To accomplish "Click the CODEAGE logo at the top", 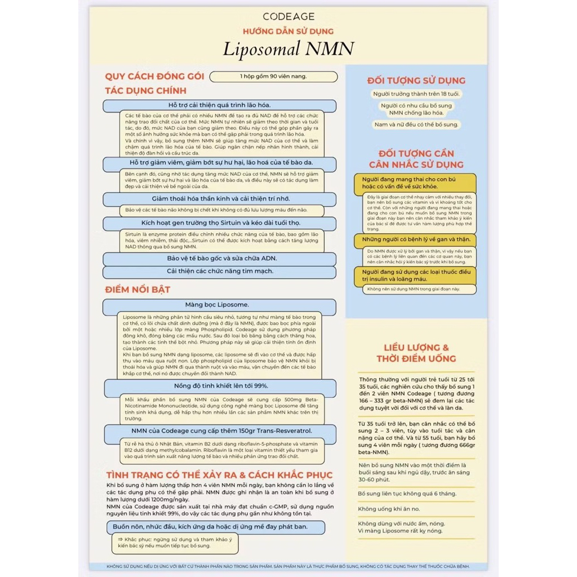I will tap(288, 16).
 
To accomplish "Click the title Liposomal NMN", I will tap(288, 48).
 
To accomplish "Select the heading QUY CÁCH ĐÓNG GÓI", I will tap(154, 77).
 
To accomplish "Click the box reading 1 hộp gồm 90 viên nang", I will tap(273, 76).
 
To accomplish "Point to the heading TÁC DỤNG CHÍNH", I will tap(146, 91).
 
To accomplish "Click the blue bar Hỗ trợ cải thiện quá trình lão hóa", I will tap(220, 105).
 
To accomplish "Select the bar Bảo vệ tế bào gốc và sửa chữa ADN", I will tap(220, 259).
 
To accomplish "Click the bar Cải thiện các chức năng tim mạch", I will tap(220, 271).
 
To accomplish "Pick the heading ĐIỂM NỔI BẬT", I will tap(138, 290).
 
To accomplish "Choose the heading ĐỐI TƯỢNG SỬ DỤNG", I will tap(416, 81).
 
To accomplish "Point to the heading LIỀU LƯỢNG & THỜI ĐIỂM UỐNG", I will tap(416, 353).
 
